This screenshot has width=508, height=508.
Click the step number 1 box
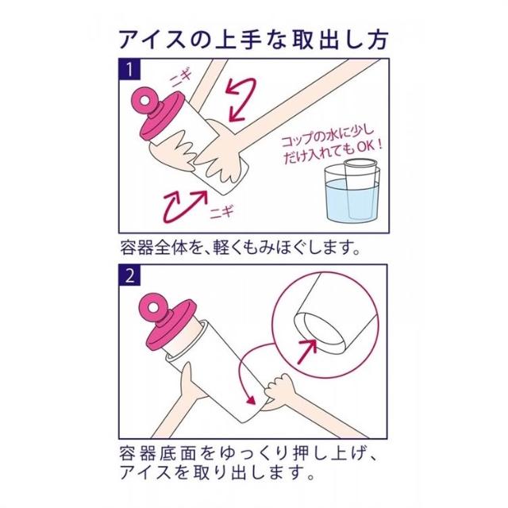pos(129,69)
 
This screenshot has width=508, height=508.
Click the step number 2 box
pos(129,275)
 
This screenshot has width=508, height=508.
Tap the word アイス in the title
pos(152,40)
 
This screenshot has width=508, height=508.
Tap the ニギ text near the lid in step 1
pos(182,78)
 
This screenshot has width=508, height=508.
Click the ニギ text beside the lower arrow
pos(222,212)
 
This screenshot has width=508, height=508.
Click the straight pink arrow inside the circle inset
pos(307,351)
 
